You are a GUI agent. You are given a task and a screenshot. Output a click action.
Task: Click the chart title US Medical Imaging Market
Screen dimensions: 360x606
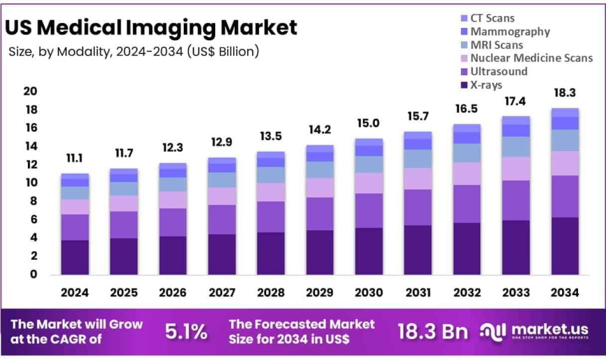coord(151,28)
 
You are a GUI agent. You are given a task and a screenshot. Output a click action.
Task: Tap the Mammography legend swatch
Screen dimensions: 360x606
coord(463,31)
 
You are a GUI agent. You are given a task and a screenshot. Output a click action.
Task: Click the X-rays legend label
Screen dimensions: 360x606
coord(486,85)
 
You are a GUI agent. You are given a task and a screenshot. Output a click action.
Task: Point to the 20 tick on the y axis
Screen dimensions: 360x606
coord(30,91)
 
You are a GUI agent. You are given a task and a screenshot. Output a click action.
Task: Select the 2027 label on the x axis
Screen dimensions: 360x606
coord(222,292)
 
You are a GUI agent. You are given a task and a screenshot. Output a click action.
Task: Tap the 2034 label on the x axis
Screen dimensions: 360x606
coord(564,292)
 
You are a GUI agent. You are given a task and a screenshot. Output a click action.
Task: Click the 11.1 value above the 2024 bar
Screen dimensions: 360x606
coord(75,159)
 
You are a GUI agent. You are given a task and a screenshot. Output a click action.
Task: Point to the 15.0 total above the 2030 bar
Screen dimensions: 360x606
coord(368,123)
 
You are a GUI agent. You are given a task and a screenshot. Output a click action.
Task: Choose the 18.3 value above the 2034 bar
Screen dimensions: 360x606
coord(564,93)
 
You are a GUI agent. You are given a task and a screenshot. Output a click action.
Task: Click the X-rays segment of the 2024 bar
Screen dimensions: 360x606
coord(75,257)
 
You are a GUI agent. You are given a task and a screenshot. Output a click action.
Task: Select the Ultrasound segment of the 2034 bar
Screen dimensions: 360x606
coord(564,196)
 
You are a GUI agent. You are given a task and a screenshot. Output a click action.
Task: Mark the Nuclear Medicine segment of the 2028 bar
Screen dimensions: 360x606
coord(270,192)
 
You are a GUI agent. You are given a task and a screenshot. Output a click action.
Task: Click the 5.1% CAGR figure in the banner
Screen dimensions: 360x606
coord(186,332)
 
